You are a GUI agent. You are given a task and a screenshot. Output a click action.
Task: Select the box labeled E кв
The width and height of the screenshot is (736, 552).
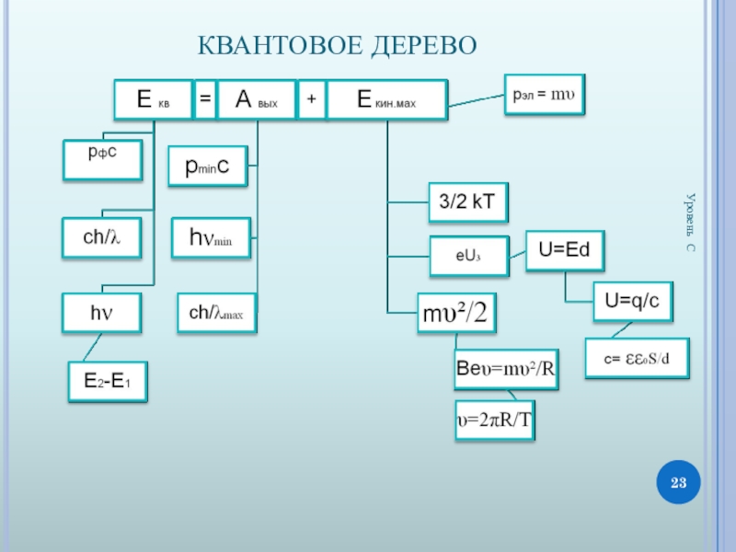(153, 100)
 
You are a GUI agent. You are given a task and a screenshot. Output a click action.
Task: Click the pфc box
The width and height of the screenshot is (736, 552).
(101, 159)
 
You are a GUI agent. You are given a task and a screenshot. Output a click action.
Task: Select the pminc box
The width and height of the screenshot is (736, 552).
(207, 167)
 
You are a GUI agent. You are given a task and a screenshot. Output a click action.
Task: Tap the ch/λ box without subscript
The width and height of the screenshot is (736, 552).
(102, 236)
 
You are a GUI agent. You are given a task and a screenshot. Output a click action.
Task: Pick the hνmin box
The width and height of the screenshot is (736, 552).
(211, 238)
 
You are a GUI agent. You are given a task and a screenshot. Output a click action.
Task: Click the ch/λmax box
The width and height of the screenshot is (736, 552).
(216, 314)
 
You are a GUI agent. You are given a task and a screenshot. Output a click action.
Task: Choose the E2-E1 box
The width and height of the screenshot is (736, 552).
(108, 381)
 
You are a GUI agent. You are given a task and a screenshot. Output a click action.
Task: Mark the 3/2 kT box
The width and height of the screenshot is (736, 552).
(467, 202)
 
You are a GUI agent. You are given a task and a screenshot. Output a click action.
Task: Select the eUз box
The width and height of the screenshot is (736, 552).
(468, 257)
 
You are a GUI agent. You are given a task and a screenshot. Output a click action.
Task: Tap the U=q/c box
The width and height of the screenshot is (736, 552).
(632, 301)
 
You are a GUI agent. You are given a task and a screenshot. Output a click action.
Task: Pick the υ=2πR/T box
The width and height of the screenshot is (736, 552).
(495, 420)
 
